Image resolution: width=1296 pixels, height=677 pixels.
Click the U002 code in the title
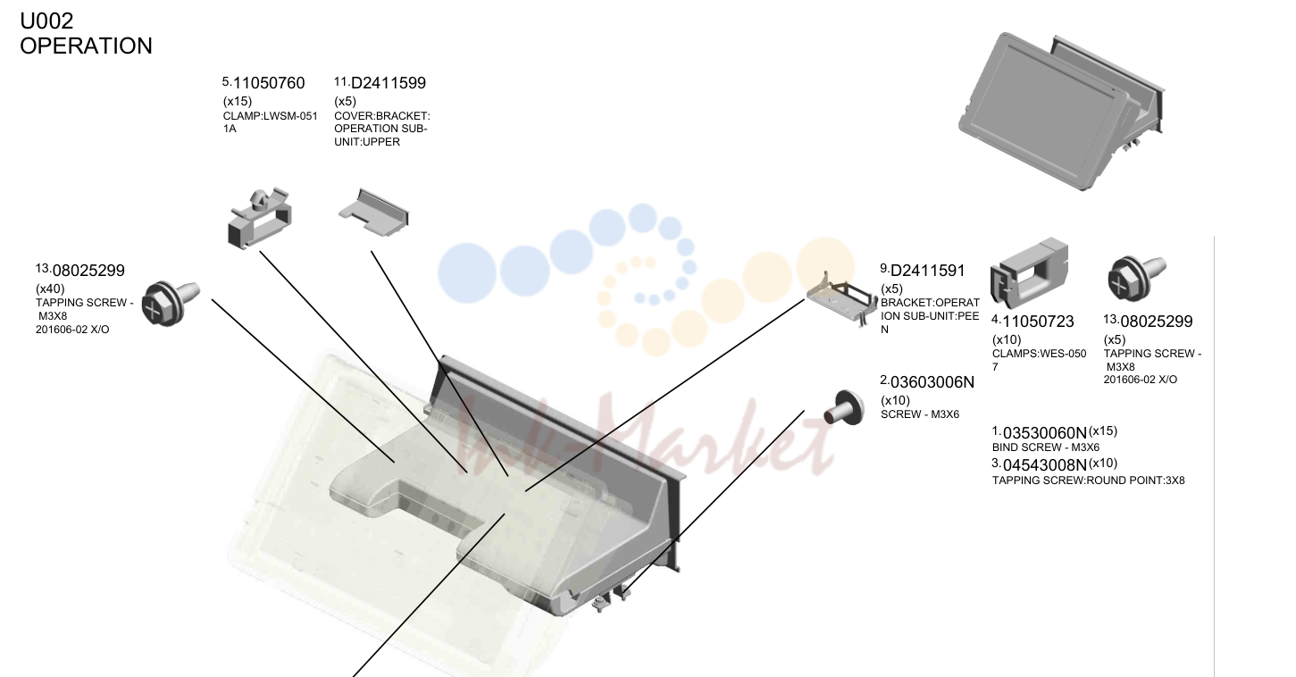(46, 21)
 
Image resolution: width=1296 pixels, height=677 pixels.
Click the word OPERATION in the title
(87, 46)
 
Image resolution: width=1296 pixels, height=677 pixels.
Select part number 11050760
(269, 83)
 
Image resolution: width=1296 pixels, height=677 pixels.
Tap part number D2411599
(389, 83)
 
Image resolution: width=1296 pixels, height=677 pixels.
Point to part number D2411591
(927, 271)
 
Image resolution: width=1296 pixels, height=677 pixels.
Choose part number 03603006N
(932, 382)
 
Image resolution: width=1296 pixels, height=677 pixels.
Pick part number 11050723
(1038, 322)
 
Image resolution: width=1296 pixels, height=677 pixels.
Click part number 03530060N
(1045, 433)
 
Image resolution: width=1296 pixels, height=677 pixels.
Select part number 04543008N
(1045, 465)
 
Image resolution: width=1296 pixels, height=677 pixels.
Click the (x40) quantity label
(50, 288)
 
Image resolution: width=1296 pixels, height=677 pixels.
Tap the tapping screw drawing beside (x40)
(171, 304)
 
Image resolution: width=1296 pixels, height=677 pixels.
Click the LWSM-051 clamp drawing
(259, 218)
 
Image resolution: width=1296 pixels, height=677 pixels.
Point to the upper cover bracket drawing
(373, 213)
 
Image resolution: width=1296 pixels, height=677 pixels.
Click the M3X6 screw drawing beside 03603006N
(844, 408)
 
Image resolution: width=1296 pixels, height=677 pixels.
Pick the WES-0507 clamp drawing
(1029, 272)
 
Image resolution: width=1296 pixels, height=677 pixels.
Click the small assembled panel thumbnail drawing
(1062, 112)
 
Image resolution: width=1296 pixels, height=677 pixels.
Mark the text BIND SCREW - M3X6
(1046, 447)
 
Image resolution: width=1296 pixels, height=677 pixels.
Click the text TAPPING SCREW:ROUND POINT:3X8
(1088, 481)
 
